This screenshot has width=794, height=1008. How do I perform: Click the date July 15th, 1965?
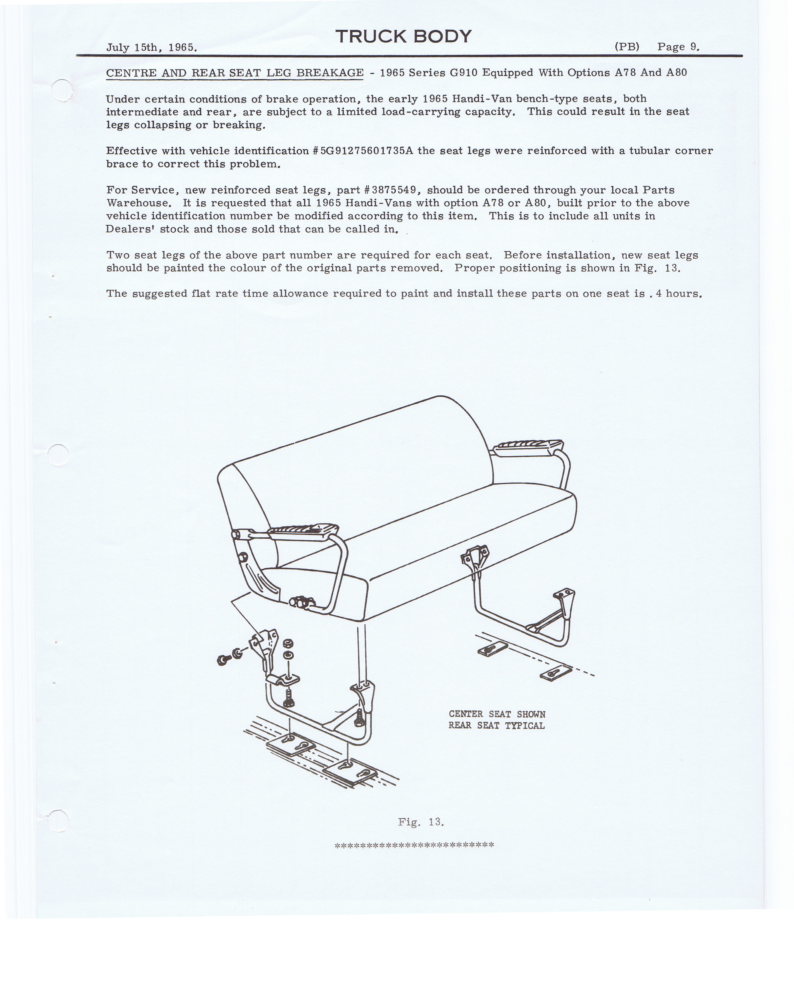(x=152, y=47)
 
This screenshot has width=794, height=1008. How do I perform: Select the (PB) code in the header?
(x=627, y=47)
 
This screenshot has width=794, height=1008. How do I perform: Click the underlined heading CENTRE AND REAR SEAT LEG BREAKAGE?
(x=235, y=73)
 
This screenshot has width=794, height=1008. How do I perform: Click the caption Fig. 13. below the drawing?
(x=421, y=821)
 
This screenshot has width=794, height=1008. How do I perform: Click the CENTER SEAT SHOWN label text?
(x=496, y=714)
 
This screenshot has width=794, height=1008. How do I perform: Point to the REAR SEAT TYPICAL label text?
(x=496, y=725)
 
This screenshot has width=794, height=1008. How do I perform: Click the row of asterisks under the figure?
(x=414, y=845)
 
